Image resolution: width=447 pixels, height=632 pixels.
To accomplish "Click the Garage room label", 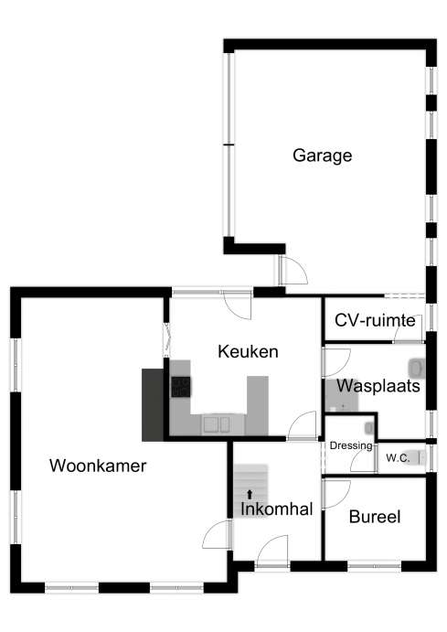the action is (322, 155).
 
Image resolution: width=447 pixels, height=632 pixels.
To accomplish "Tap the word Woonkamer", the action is (98, 466).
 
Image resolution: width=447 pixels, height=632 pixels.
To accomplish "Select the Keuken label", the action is (248, 351).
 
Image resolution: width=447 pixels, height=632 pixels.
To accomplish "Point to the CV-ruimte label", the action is (375, 320).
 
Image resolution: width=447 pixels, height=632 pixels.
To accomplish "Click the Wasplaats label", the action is (378, 386).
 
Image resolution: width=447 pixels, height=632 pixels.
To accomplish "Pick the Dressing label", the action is (351, 445).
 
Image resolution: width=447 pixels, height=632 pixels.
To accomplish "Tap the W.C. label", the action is (398, 458).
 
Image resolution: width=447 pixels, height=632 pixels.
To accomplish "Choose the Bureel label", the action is (375, 517).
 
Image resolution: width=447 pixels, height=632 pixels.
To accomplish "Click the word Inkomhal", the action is (277, 509).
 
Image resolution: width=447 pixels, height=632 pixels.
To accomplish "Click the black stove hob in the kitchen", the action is (181, 387).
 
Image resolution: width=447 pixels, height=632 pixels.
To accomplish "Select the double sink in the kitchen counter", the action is (217, 424).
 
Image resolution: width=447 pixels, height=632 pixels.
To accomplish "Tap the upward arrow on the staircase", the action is (250, 495).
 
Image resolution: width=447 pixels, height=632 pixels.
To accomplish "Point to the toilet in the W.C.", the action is (416, 457).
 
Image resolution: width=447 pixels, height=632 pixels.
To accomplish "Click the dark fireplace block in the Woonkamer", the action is (153, 404).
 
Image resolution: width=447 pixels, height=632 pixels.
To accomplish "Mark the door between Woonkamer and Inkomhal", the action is (217, 534).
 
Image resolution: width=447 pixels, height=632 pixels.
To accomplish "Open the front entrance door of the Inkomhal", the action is (272, 551).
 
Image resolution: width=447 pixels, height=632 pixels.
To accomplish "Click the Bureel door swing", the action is (335, 494).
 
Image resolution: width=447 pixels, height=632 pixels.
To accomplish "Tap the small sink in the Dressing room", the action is (369, 428).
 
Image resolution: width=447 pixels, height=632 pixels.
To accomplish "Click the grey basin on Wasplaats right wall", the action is (417, 369).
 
